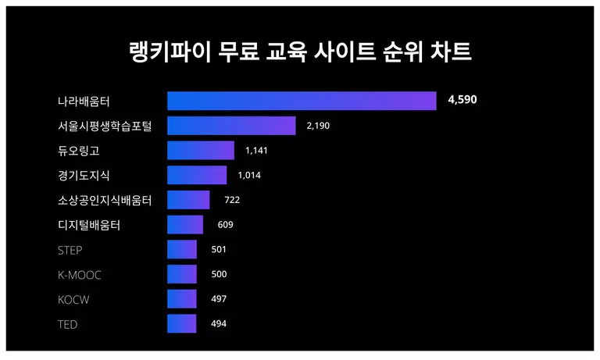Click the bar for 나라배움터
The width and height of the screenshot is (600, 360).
pyautogui.click(x=302, y=101)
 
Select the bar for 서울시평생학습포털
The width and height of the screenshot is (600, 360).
pyautogui.click(x=231, y=126)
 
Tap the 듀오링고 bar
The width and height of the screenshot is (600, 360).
pyautogui.click(x=201, y=151)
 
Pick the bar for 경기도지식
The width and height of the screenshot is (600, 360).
pyautogui.click(x=197, y=175)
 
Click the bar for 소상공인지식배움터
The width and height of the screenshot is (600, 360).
pyautogui.click(x=188, y=200)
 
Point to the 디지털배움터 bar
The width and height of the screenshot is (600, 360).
pyautogui.click(x=185, y=225)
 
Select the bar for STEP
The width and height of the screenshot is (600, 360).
pyautogui.click(x=182, y=250)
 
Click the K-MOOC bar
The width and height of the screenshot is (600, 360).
pyautogui.click(x=182, y=274)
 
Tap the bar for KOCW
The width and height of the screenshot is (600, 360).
pyautogui.click(x=182, y=299)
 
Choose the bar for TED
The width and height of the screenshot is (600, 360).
pyautogui.click(x=182, y=324)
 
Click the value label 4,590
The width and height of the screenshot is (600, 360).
pyautogui.click(x=462, y=100)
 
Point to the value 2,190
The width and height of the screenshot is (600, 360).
pyautogui.click(x=318, y=126)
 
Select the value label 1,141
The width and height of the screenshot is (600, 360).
pyautogui.click(x=256, y=151)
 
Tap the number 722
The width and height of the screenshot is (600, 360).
pyautogui.click(x=231, y=200)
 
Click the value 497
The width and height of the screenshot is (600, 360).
pyautogui.click(x=219, y=299)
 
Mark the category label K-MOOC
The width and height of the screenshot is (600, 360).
pyautogui.click(x=80, y=275)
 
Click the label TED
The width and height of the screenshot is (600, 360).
pyautogui.click(x=68, y=324)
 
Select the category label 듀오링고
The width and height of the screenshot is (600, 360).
pyautogui.click(x=78, y=151)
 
